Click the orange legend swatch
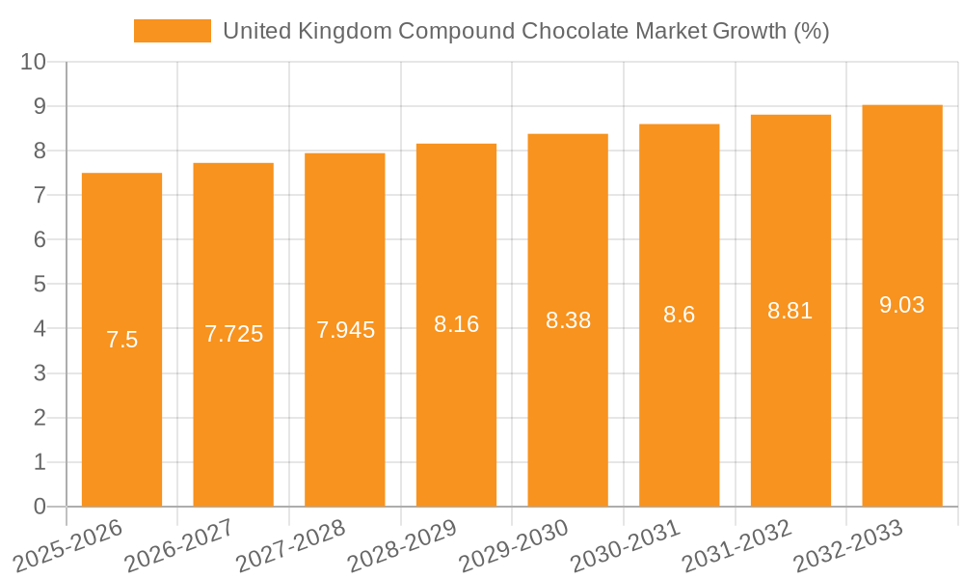172,31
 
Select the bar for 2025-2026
121,386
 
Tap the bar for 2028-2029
456,405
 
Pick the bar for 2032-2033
901,386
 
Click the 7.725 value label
233,334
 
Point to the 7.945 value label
345,330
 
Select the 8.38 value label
568,320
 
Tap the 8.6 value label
679,315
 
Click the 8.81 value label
790,311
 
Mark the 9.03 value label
901,305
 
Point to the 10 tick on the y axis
34,62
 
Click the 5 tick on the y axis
40,285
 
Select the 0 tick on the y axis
40,507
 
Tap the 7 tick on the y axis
40,195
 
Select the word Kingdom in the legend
344,31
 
